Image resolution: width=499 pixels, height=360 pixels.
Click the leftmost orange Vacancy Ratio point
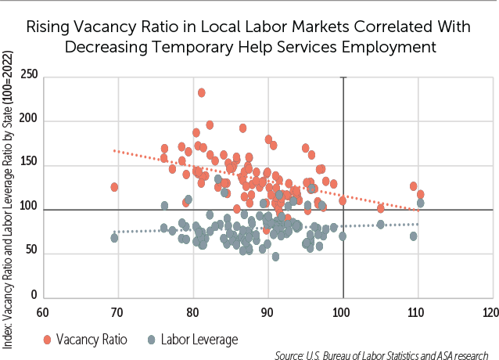pos(115,187)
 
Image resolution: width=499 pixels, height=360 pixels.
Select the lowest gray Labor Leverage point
pos(275,257)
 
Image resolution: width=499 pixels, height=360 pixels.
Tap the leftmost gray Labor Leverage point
pos(115,238)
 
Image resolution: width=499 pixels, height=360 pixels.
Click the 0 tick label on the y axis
pos(34,297)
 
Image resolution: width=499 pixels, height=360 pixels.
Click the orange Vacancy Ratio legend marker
pos(48,340)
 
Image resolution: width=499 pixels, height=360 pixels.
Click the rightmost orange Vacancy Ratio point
pos(421,194)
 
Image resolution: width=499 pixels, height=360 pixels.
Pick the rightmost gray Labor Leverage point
pos(421,203)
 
